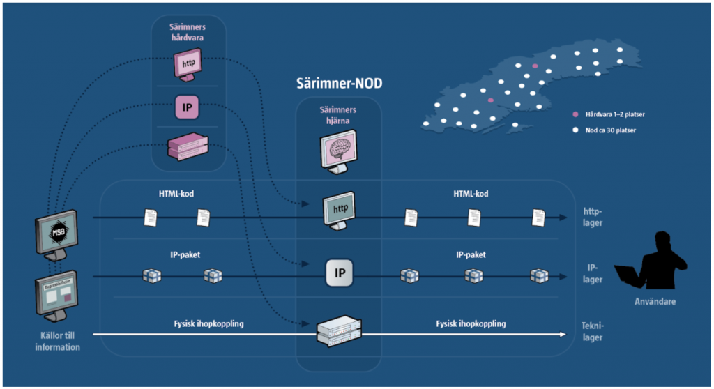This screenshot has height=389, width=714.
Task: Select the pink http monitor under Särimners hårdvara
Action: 188,65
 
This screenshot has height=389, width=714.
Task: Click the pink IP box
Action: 188,108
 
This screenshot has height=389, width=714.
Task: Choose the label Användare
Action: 655,302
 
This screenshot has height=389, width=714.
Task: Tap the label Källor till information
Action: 58,342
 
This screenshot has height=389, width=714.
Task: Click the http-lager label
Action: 593,217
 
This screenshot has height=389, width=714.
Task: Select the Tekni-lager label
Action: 593,331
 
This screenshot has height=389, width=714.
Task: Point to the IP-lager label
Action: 593,273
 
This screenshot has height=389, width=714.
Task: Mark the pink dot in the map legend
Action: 575,114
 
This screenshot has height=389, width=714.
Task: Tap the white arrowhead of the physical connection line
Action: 561,334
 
